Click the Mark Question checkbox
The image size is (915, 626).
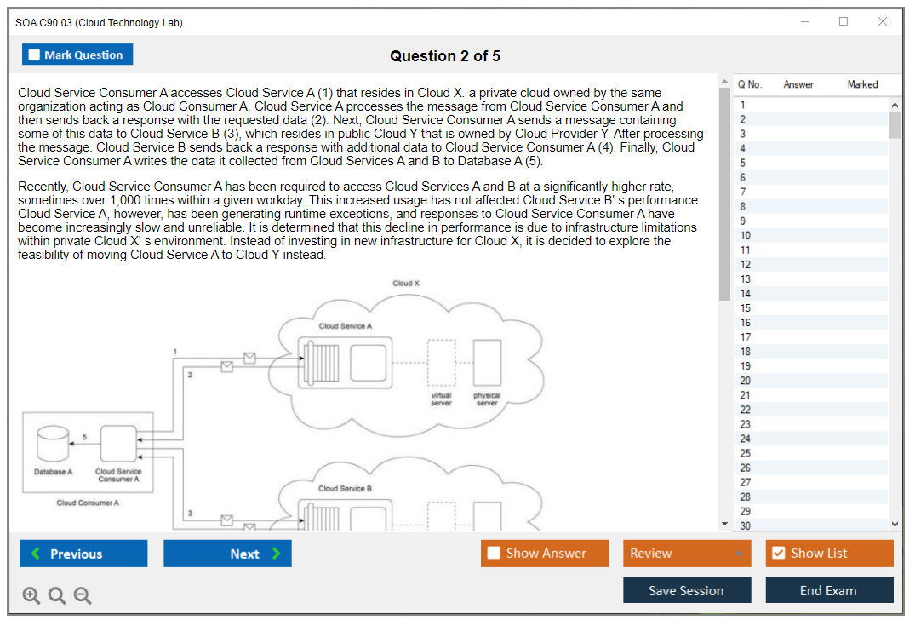point(34,55)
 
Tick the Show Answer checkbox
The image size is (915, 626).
point(494,554)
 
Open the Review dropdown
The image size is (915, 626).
point(686,554)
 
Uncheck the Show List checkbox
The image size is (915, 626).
point(778,554)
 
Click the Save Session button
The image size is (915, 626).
point(686,590)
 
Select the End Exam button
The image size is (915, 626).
point(828,590)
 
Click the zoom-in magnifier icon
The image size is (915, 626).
point(31,596)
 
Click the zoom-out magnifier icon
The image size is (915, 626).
point(83,596)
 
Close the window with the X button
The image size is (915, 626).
point(883,22)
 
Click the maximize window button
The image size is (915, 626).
point(844,22)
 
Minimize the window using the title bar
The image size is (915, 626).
point(804,22)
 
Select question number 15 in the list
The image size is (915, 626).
point(746,308)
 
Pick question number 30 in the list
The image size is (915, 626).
point(746,525)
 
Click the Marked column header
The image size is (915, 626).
point(862,84)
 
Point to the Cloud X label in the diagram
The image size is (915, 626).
point(406,284)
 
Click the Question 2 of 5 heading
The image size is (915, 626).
point(445,56)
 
